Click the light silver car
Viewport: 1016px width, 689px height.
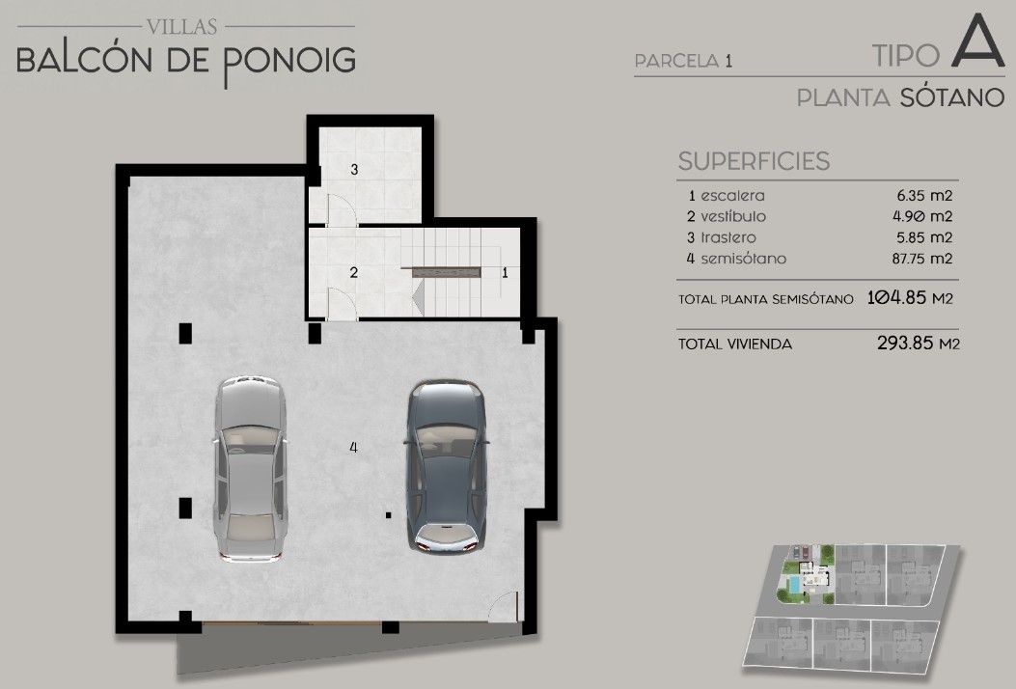250,467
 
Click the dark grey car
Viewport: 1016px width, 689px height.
447,465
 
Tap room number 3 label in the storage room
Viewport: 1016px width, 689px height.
354,170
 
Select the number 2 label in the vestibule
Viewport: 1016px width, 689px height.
354,272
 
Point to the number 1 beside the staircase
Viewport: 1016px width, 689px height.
506,273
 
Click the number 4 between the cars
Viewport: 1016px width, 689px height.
353,447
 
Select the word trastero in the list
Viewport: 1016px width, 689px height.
728,237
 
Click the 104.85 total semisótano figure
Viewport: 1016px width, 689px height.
897,298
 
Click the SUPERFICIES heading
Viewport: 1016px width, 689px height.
754,161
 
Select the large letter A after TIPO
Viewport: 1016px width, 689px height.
977,41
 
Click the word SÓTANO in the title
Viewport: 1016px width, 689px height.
952,97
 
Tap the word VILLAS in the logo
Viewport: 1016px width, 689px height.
182,27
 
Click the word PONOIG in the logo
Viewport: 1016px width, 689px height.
289,62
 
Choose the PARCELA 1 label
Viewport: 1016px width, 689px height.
683,61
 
